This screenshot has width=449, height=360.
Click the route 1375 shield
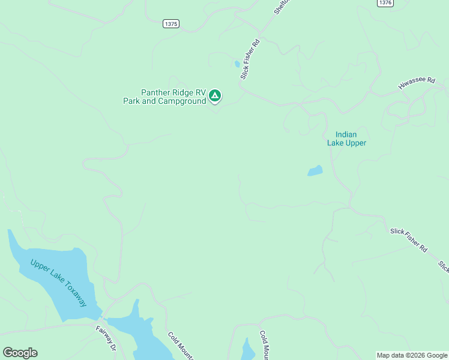pyautogui.click(x=170, y=23)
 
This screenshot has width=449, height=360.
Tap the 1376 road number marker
pyautogui.click(x=385, y=3)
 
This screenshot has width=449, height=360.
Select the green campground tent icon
pyautogui.click(x=215, y=95)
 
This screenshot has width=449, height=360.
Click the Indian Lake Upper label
pyautogui.click(x=346, y=139)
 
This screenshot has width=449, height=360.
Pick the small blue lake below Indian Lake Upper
pyautogui.click(x=315, y=171)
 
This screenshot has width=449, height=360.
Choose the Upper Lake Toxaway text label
pyautogui.click(x=58, y=283)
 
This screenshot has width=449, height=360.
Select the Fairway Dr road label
pyautogui.click(x=105, y=337)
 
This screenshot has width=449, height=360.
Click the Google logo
pyautogui.click(x=20, y=353)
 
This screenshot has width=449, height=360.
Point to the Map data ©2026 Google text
pyautogui.click(x=412, y=355)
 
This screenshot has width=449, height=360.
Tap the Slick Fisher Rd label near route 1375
pyautogui.click(x=250, y=59)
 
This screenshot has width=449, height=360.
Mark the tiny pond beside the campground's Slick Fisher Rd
pyautogui.click(x=237, y=64)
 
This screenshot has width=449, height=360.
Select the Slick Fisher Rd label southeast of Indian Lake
pyautogui.click(x=408, y=239)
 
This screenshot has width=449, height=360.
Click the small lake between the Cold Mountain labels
pyautogui.click(x=248, y=349)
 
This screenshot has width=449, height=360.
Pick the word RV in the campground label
pyautogui.click(x=193, y=92)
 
